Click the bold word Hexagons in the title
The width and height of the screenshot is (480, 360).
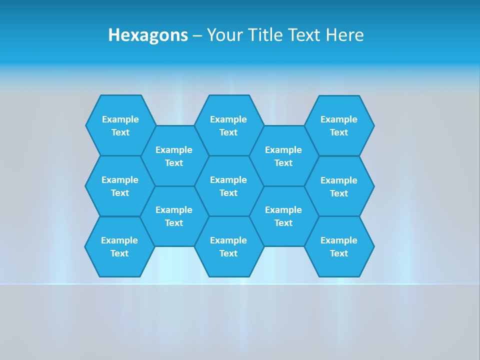(148, 35)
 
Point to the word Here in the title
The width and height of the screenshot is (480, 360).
(344, 35)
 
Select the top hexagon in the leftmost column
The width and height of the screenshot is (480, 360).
(120, 125)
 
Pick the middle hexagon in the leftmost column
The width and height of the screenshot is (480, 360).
(120, 186)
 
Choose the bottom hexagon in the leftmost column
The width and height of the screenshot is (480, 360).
(119, 246)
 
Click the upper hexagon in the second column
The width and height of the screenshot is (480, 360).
(174, 156)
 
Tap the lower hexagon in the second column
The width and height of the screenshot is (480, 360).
(174, 216)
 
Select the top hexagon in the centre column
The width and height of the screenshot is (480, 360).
(228, 125)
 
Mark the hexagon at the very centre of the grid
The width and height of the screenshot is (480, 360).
(228, 186)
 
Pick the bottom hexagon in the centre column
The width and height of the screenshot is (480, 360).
(228, 246)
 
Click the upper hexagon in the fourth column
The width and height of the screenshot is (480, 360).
(283, 156)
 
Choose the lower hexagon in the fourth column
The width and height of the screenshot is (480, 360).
(283, 216)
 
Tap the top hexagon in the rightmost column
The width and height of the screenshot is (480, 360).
(339, 125)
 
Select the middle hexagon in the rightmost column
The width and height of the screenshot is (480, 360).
(339, 186)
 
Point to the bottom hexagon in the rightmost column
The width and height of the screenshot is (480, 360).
(339, 246)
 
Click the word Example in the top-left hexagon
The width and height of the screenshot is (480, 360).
(120, 119)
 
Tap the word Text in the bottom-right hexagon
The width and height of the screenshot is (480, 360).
(339, 253)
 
